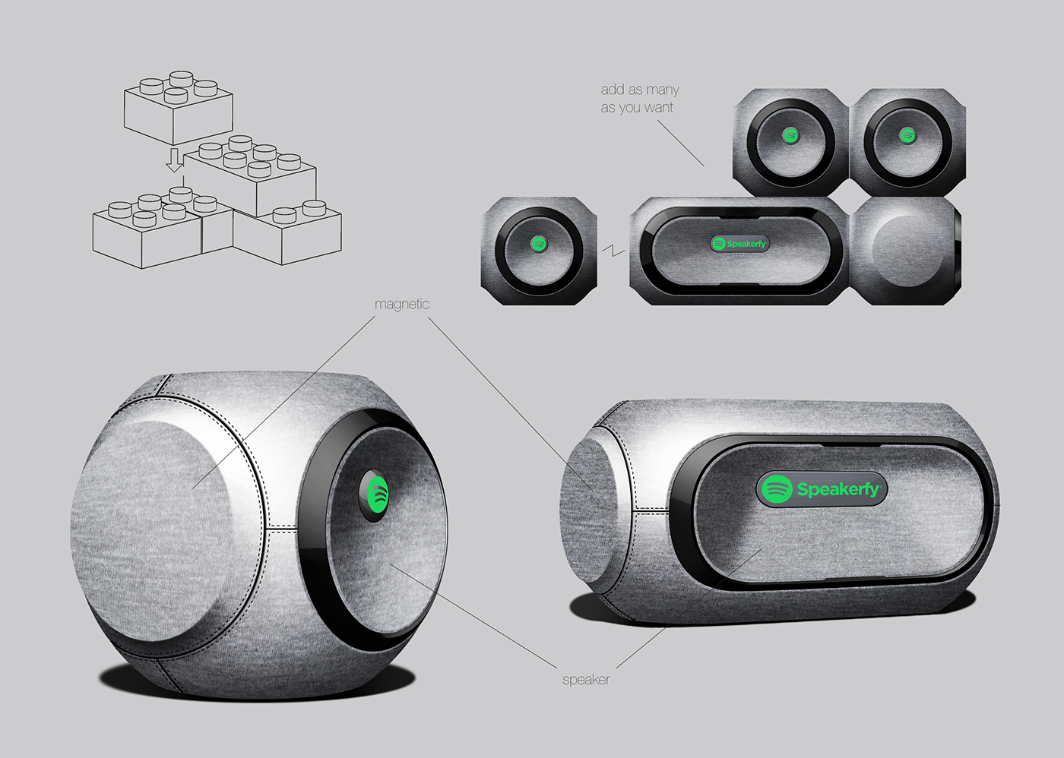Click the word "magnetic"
pos(401,304)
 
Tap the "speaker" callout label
pos(586,679)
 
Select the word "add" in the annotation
pos(612,90)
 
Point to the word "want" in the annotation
pos(658,108)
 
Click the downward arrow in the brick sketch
pos(175,160)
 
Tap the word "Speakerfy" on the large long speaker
pos(838,489)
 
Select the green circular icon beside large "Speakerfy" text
pos(777,489)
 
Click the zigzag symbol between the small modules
pos(613,251)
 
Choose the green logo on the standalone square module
pos(538,244)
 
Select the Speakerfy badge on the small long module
pos(739,244)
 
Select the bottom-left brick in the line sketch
pos(144,235)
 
